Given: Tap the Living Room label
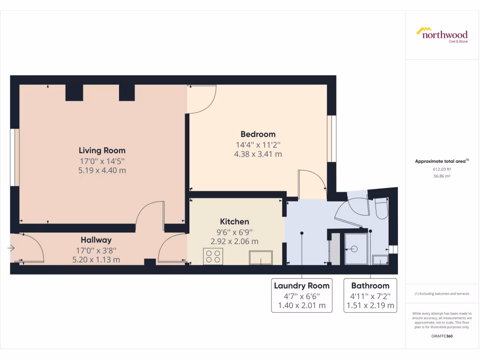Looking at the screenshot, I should pos(102,151).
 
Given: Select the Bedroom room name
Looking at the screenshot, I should pos(258,135).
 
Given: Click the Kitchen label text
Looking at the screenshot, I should pos(234,222).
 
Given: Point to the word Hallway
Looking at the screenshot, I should pos(96,240).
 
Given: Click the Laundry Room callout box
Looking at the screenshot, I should pos(301,296).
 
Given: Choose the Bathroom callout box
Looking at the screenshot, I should pos(370,296).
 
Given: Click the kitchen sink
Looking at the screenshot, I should pos(261,257).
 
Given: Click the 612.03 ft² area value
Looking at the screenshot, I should pos(442,169).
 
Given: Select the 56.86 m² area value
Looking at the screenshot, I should pos(442,176).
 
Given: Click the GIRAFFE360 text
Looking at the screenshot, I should pos(442,336).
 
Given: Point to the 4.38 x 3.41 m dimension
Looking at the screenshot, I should pos(258,154).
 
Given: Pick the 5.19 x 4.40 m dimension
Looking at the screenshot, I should pos(102,171).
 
